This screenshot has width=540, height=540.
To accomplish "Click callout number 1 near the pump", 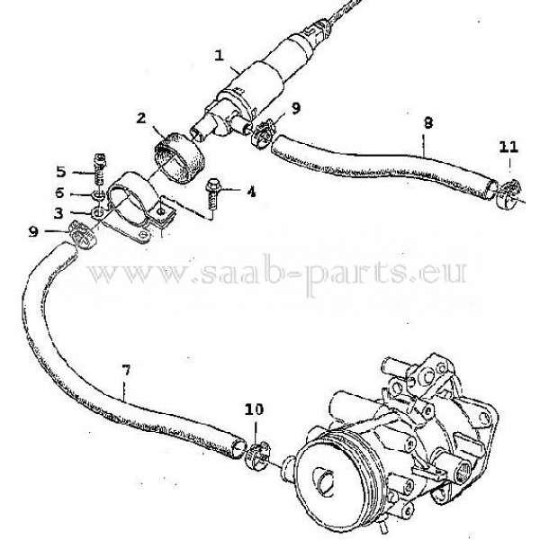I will pos(220,54).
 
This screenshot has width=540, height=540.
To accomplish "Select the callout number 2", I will pos(142,119).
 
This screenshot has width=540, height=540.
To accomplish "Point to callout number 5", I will pos(61,171).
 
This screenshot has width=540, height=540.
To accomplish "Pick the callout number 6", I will pos(61,193).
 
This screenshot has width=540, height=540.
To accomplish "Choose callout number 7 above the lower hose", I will pos(126,369).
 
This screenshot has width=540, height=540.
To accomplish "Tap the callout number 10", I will pos(254,410).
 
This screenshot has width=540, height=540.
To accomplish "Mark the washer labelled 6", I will pos(96,195).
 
